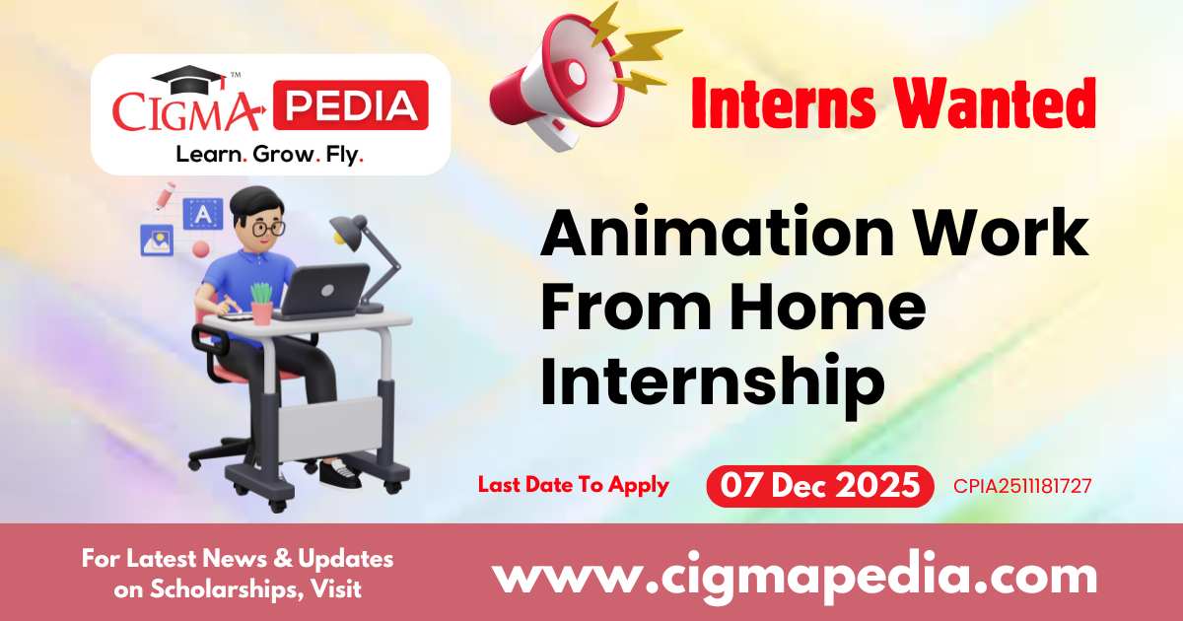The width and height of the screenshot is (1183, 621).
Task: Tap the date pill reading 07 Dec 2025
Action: (819, 486)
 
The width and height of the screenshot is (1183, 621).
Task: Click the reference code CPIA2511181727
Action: (1021, 486)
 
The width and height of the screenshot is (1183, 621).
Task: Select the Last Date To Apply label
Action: (573, 485)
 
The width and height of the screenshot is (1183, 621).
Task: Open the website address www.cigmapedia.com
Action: (795, 575)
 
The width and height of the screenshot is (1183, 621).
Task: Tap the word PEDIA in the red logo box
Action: (350, 106)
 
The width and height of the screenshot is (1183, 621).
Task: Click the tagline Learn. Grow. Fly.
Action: (269, 155)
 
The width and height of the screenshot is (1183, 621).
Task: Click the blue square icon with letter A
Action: (203, 214)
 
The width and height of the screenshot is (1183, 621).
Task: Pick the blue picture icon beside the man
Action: (157, 240)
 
